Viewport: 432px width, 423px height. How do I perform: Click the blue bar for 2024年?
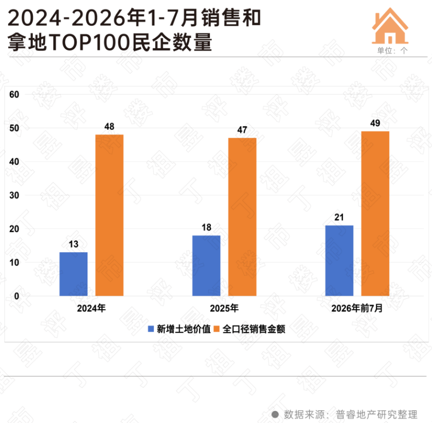tap(74, 274)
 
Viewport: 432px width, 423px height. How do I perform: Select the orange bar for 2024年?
tap(110, 216)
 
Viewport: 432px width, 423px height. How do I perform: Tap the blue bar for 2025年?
tap(206, 266)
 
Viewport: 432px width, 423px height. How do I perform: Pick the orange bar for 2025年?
tap(242, 217)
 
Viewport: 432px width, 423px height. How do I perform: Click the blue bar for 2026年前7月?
tap(339, 261)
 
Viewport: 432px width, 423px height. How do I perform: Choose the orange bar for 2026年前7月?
tap(375, 214)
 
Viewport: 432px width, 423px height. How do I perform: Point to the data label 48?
tap(110, 127)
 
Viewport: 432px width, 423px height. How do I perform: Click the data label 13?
tap(74, 244)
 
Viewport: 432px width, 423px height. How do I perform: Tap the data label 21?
tap(339, 217)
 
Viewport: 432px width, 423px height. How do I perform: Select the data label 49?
tap(375, 123)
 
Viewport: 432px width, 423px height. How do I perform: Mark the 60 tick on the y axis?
tap(14, 95)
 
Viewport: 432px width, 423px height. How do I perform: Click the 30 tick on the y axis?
tap(14, 196)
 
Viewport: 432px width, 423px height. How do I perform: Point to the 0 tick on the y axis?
tap(16, 296)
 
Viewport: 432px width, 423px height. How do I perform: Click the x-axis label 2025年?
tap(224, 308)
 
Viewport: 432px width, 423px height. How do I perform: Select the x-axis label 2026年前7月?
tap(357, 308)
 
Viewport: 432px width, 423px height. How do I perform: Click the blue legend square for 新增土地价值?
tap(151, 329)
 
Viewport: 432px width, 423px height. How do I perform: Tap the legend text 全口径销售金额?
tap(254, 329)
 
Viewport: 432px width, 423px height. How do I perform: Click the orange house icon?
tap(390, 26)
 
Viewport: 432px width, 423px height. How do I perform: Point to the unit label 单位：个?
tap(392, 50)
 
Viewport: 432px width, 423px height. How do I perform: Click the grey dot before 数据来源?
tap(275, 414)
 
